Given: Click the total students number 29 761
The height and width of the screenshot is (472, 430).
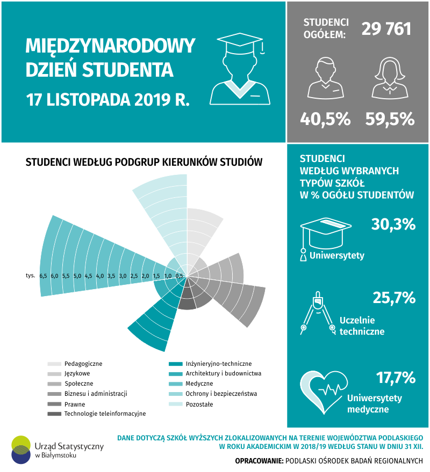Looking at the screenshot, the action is pyautogui.click(x=386, y=29).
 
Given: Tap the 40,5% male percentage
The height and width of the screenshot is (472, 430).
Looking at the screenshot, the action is pyautogui.click(x=325, y=119).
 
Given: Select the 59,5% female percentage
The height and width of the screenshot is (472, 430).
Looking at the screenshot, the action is pyautogui.click(x=390, y=119).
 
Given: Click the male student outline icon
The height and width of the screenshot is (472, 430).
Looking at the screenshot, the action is pyautogui.click(x=325, y=78).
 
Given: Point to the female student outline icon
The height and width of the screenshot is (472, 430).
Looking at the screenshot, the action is pyautogui.click(x=390, y=78).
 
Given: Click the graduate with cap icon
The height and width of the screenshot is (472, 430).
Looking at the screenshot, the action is pyautogui.click(x=240, y=69).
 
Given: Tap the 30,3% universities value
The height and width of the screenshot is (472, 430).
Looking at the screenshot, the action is pyautogui.click(x=393, y=224).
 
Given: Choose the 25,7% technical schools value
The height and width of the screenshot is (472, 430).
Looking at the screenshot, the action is pyautogui.click(x=394, y=298).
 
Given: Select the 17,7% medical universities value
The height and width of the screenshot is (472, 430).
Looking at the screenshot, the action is pyautogui.click(x=396, y=378).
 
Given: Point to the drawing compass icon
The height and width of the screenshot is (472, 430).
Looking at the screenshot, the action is pyautogui.click(x=318, y=313).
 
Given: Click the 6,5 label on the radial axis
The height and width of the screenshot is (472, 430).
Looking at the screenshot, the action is pyautogui.click(x=43, y=276).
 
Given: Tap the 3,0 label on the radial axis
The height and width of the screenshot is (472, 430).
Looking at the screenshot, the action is pyautogui.click(x=123, y=276).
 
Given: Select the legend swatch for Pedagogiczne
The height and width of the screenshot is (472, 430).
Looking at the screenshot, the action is pyautogui.click(x=54, y=364).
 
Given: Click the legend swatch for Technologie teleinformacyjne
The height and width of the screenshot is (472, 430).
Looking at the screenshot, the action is pyautogui.click(x=54, y=414).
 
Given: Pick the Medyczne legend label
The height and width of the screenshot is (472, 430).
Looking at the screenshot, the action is pyautogui.click(x=199, y=384).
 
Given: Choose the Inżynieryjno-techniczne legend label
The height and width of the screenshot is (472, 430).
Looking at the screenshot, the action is pyautogui.click(x=218, y=364).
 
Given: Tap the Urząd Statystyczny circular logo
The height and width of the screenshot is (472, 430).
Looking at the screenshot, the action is pyautogui.click(x=21, y=449).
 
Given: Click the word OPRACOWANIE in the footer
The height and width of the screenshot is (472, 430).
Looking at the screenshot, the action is pyautogui.click(x=259, y=461).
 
